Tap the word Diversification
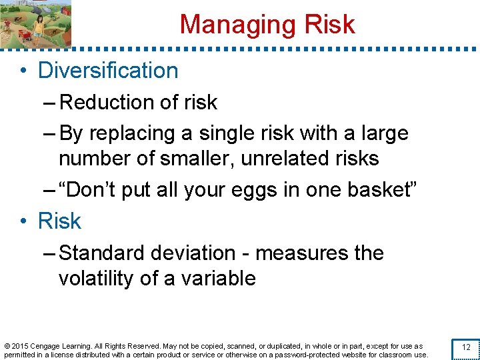[x=108, y=71]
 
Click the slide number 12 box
[x=466, y=347]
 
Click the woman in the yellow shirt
[x=39, y=27]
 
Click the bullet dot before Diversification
[x=23, y=71]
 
